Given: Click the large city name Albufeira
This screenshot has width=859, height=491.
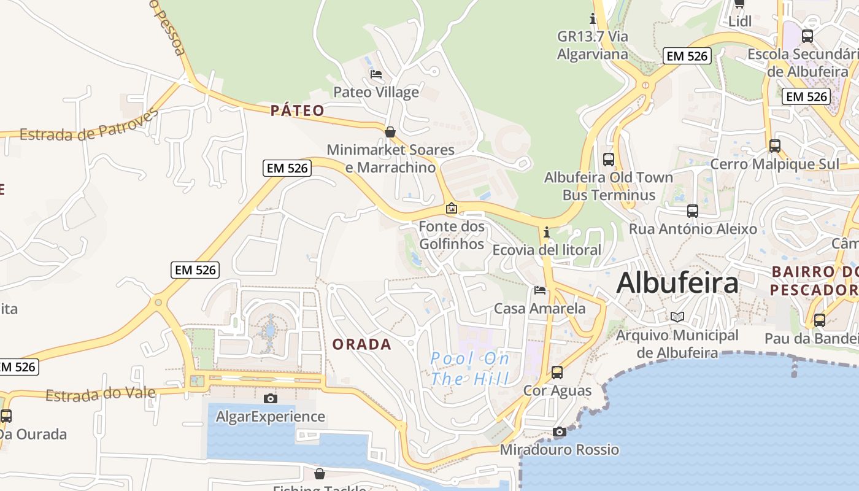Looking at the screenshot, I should [677, 283].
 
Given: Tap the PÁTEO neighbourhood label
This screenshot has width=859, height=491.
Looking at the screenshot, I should [298, 110].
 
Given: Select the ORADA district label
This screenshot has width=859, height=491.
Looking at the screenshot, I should [362, 344].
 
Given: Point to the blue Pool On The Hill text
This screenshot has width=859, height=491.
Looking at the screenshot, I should [470, 368].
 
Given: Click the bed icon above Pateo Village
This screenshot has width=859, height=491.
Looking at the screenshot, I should [376, 74].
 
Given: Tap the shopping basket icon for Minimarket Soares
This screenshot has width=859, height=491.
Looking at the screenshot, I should [390, 132].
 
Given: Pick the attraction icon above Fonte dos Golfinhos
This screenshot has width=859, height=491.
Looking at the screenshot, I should [452, 208].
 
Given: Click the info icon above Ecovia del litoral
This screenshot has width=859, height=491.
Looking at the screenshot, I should [547, 232].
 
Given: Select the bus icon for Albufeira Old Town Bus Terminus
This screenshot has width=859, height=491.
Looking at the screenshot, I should [609, 160].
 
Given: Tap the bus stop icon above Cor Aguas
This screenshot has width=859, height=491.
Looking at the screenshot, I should [557, 372].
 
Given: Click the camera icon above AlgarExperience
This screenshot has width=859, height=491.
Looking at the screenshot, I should [270, 398].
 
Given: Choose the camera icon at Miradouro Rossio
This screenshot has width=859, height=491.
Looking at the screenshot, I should [559, 431].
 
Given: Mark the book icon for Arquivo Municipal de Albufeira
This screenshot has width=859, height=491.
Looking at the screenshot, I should [677, 317].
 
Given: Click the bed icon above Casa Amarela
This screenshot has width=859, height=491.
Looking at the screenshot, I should [540, 290].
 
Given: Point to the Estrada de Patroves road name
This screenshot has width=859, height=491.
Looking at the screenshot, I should [89, 125].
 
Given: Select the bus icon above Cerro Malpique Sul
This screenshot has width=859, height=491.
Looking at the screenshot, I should [775, 146].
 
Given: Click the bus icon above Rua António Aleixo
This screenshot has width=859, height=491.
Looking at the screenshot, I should [693, 211].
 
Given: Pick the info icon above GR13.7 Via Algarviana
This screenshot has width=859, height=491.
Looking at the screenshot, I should [593, 18].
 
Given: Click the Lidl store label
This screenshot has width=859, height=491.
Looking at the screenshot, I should [740, 21].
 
